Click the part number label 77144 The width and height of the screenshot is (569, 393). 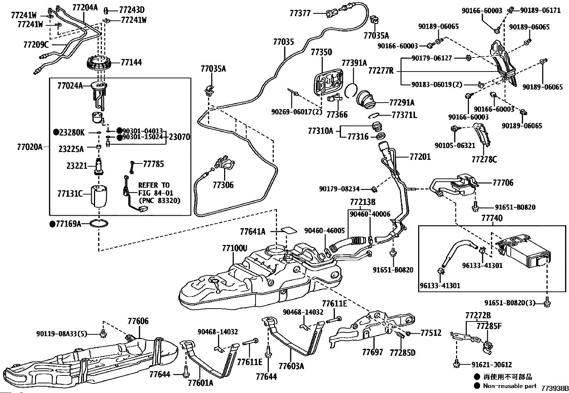point(131,62)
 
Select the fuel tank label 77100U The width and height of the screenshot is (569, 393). point(234,248)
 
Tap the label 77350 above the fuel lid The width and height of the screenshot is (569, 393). point(321,52)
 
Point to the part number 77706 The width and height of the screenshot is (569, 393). point(503,182)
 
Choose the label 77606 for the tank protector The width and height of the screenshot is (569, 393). point(138,321)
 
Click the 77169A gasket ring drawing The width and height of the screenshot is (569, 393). point(99,224)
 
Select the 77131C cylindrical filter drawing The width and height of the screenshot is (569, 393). point(99,196)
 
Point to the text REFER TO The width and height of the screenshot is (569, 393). point(154,185)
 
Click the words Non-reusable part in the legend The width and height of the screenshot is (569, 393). point(510,386)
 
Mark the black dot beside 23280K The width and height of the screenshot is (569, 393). point(56,132)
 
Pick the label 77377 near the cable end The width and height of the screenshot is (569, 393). point(300,13)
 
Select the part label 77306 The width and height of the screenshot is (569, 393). point(223,185)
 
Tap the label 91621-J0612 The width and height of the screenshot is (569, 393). point(491,365)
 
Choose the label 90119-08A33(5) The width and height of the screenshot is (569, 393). point(62,334)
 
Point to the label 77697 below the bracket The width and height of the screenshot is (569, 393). point(372,352)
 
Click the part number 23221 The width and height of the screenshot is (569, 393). point(77,166)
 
